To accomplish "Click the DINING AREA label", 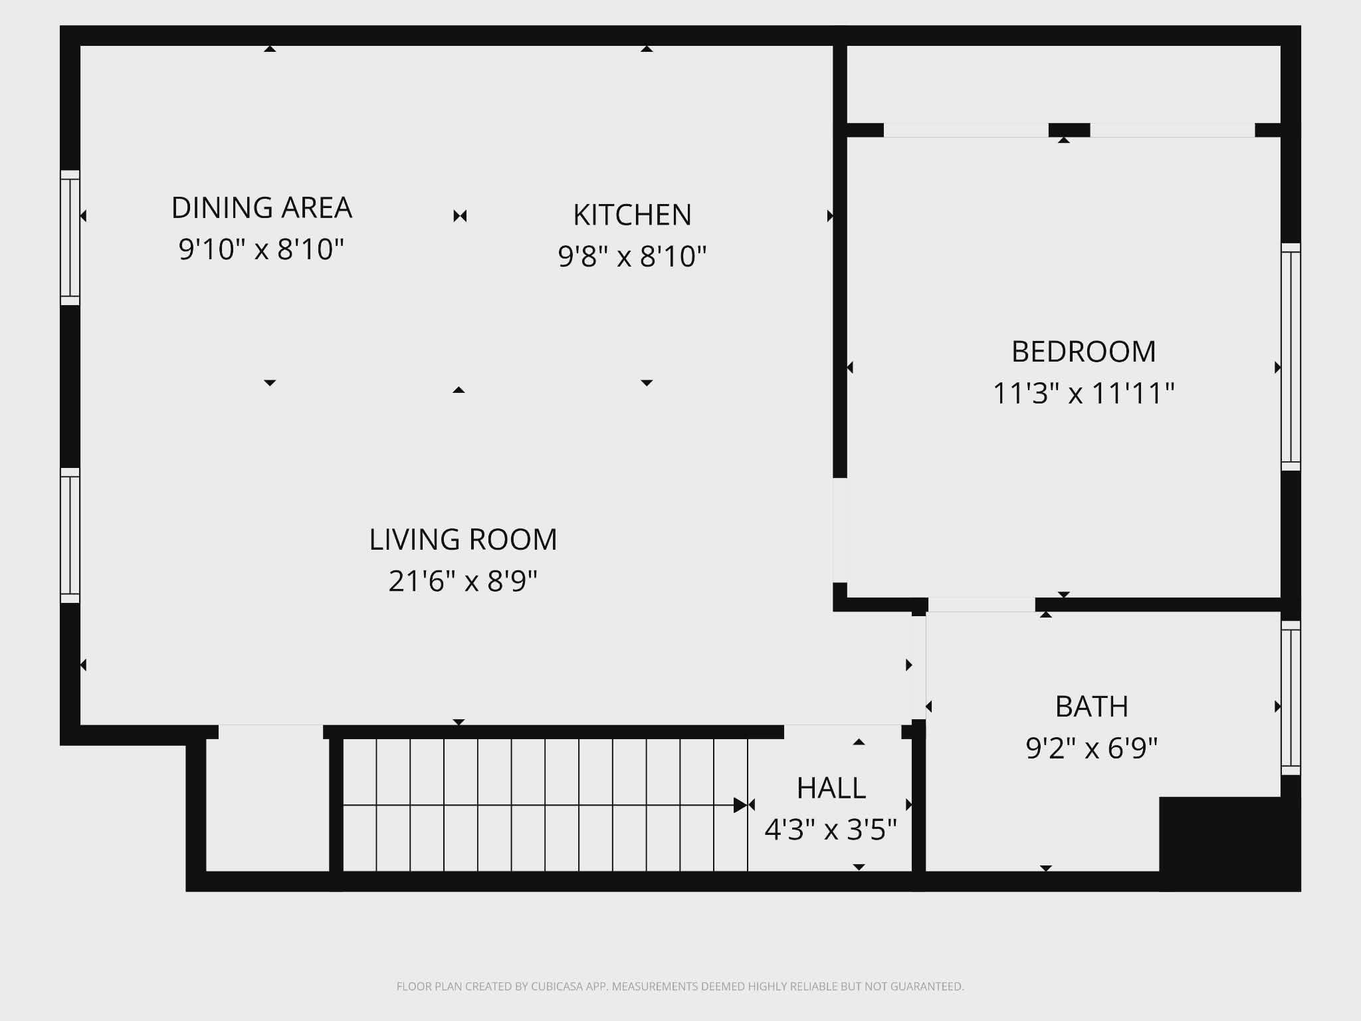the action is coord(261,207).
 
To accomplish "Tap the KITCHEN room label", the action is coord(632,215).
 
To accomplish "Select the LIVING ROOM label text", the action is coord(463,539).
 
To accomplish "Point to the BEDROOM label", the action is coord(1083,351).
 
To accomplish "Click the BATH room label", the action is coord(1091,706).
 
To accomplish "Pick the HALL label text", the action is coord(831,788).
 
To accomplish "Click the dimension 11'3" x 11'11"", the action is coord(1083,393).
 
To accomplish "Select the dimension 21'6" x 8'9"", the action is coord(463,581).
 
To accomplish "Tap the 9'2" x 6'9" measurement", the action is coord(1091,748).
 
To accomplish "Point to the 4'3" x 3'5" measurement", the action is coord(831,830).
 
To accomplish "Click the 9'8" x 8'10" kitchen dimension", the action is coord(632,257).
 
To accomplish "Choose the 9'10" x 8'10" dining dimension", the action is coord(261,249).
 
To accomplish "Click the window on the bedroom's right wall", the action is coord(1291,357).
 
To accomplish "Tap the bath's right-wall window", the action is coord(1291,698).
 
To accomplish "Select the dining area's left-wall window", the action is coord(70,237).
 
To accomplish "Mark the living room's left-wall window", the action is coord(70,535).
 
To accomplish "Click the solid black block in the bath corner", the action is coord(1229,844).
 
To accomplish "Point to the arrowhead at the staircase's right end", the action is coord(740,805).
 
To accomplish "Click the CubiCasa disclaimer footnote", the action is coord(680,986).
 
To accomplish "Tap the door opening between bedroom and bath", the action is coord(982,604).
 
